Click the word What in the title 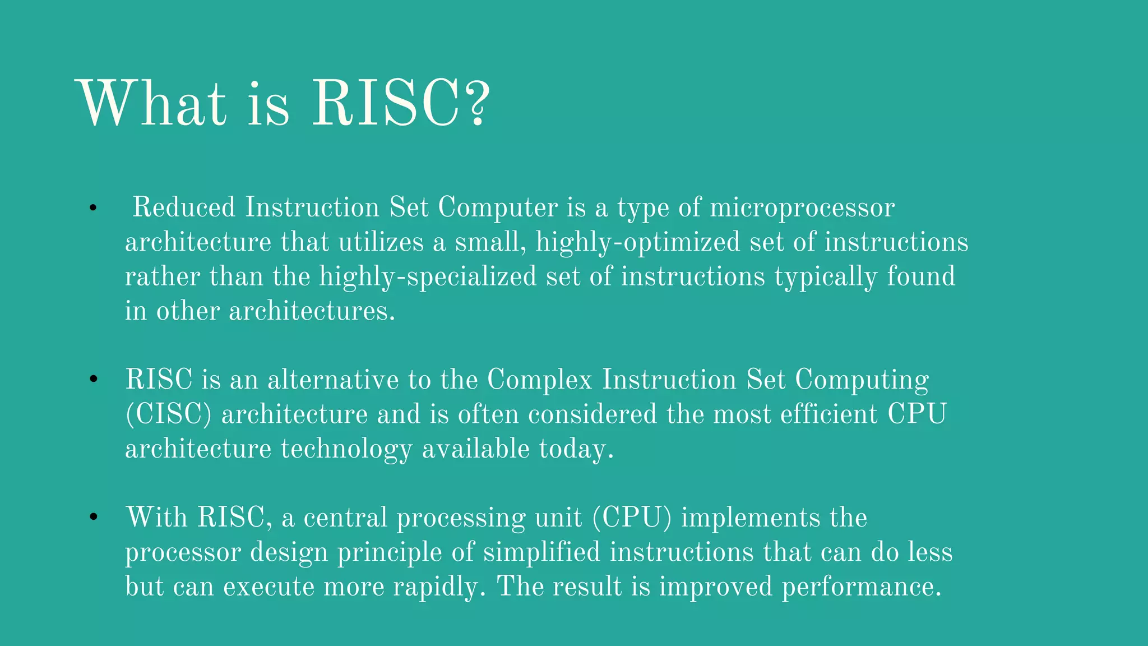151,104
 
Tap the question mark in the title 476,104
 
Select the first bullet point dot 93,209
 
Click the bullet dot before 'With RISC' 93,518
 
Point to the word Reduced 183,207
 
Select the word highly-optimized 638,243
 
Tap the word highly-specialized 428,277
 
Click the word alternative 333,380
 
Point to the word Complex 539,381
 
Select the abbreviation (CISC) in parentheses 168,415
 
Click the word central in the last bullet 345,518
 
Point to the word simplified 541,552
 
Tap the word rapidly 439,588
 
